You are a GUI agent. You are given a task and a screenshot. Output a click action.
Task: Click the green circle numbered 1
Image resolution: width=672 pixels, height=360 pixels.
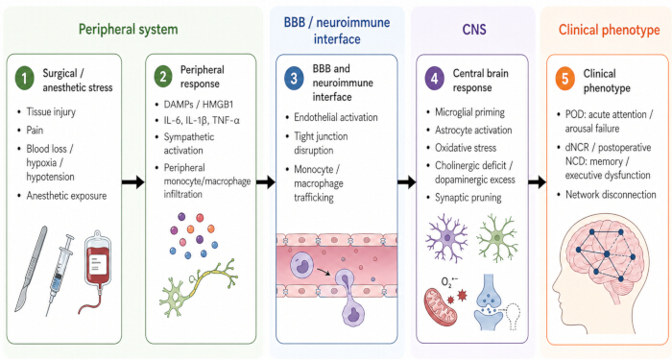[24, 79]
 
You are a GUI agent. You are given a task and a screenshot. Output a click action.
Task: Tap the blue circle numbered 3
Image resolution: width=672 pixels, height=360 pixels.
[294, 79]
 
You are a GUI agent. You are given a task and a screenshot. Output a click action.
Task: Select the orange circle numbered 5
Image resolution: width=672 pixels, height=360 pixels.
[564, 80]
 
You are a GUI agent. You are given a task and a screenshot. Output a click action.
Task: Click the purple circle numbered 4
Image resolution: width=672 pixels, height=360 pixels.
[435, 79]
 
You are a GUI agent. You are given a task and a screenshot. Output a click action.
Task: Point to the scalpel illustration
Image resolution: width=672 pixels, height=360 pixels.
[31, 269]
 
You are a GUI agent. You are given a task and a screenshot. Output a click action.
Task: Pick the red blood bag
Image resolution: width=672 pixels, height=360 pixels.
[96, 271]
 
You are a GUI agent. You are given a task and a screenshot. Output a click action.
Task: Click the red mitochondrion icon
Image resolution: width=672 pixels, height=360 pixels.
[440, 305]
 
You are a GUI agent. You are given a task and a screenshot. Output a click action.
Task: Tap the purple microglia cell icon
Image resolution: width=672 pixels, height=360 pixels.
[447, 238]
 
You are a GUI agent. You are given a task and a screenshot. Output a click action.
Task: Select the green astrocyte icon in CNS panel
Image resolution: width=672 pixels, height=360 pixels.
[497, 238]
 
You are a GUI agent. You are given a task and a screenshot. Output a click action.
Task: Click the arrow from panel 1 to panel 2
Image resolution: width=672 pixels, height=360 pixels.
[132, 182]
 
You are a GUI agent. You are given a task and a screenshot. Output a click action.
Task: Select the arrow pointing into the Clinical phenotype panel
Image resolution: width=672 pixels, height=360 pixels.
[537, 182]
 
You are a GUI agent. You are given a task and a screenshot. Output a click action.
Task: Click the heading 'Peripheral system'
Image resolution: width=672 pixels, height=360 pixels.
[128, 30]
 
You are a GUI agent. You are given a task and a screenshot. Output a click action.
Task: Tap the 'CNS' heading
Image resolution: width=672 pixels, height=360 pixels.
[474, 30]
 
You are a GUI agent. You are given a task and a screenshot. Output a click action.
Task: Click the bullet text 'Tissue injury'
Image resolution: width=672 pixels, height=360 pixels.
[51, 112]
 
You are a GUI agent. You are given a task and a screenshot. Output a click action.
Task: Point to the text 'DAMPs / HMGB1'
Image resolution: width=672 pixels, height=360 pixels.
[199, 104]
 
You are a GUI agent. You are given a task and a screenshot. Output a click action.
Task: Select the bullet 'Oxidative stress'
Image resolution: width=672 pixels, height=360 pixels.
[466, 148]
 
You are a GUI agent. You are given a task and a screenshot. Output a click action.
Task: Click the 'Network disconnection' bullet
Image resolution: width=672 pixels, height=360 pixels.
[611, 195]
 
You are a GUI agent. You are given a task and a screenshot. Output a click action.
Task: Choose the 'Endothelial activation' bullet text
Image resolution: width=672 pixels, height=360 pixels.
[336, 117]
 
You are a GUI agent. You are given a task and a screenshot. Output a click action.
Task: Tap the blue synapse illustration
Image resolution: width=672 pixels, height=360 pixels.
[493, 302]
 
